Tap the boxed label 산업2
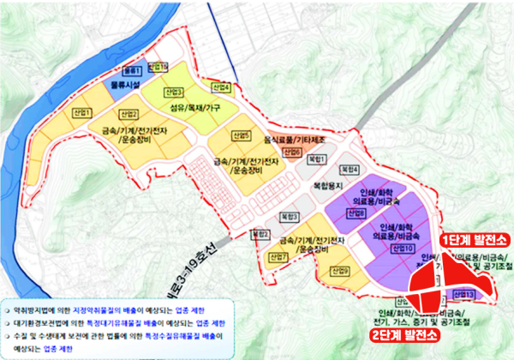(128, 114)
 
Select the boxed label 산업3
(175, 92)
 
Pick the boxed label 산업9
(340, 272)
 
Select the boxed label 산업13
(465, 294)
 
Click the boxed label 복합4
(350, 168)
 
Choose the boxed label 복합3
(293, 217)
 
